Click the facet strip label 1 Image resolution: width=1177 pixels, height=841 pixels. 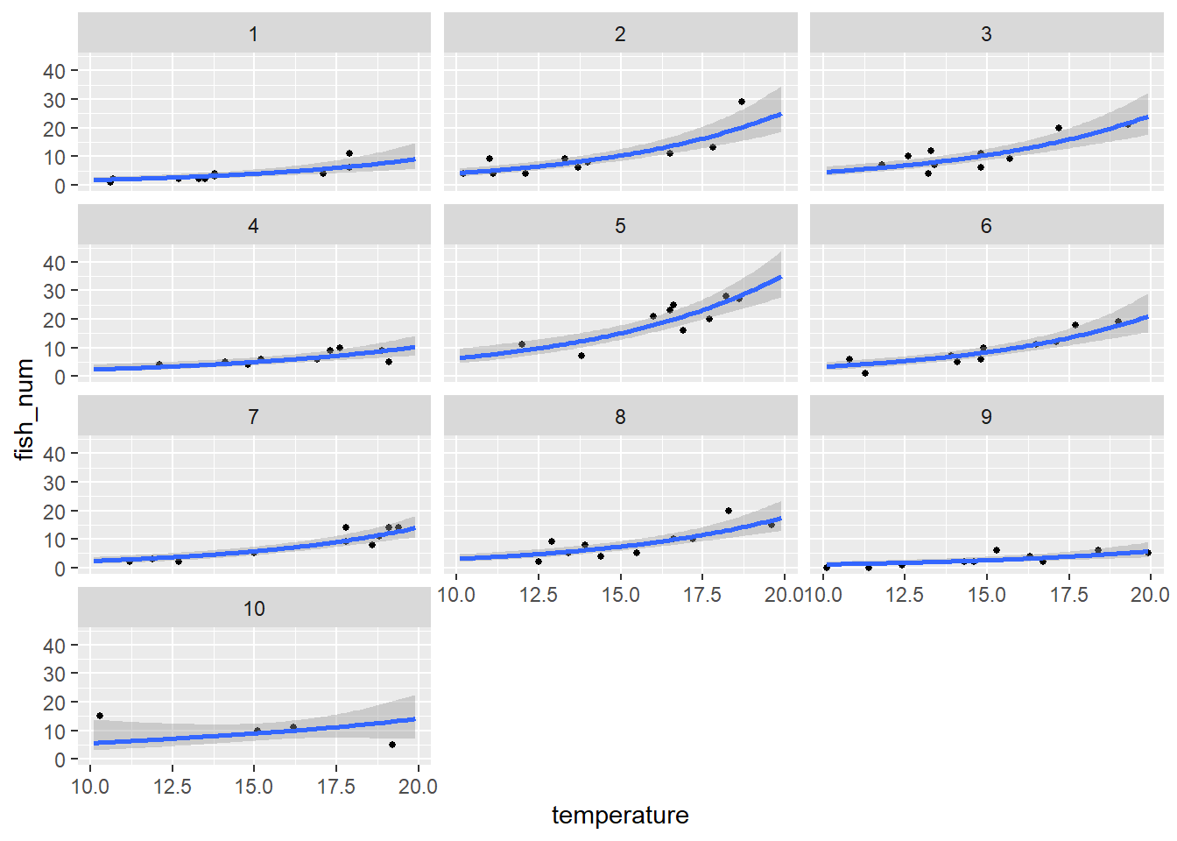(x=254, y=34)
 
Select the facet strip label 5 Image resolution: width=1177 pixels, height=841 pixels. (x=620, y=226)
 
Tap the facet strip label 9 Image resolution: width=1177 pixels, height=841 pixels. (x=986, y=417)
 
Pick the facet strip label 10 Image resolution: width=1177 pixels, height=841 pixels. (x=254, y=609)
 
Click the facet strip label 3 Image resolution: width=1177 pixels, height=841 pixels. (x=986, y=34)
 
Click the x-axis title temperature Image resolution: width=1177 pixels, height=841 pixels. (x=620, y=816)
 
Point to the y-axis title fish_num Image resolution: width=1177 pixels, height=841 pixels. (x=25, y=409)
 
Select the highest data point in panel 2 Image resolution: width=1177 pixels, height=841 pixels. (x=742, y=102)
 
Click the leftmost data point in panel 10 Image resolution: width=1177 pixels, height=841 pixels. (x=100, y=716)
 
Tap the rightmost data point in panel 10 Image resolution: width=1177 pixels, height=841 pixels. (x=392, y=745)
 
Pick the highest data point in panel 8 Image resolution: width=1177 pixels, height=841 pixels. (x=729, y=511)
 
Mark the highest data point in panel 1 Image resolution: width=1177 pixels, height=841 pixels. (x=349, y=153)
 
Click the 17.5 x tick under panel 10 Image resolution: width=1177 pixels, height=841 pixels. (x=336, y=787)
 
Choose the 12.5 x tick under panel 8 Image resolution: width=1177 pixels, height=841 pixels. (x=539, y=596)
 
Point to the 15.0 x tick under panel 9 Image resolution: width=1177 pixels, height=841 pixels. (x=987, y=596)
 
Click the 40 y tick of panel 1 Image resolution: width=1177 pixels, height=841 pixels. (x=54, y=71)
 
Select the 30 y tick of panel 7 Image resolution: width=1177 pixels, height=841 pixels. (x=54, y=483)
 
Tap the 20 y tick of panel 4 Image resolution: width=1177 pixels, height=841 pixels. (x=54, y=320)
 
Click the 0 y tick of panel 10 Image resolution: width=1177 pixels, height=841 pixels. (x=60, y=760)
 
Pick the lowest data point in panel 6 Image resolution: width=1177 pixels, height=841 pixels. (x=865, y=373)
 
